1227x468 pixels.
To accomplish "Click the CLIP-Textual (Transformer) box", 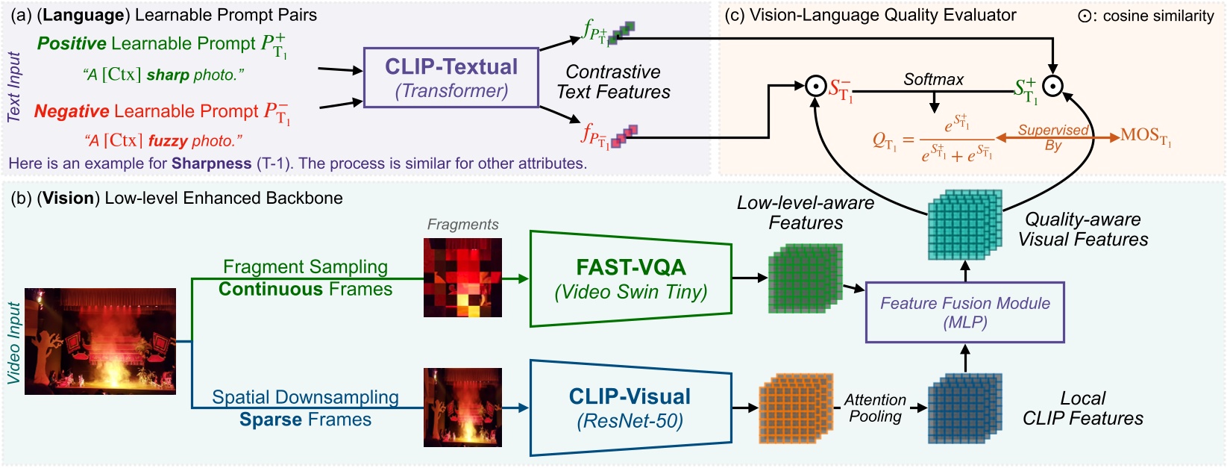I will coord(451,78).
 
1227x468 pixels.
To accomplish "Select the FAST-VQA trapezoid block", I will coord(630,278).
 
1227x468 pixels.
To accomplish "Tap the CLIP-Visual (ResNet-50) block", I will coord(630,408).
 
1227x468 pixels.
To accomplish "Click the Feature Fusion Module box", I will coord(964,312).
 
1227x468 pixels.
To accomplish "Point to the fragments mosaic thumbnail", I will coord(462,277).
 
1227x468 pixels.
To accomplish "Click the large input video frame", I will coord(101,341).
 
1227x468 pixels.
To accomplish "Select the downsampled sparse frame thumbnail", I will coord(462,407).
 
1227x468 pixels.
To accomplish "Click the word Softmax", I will coord(933,79).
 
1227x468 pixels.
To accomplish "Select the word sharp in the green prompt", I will coord(168,75).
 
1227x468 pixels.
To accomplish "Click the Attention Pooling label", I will coord(875,408).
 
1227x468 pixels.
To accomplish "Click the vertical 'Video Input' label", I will coord(13,343).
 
